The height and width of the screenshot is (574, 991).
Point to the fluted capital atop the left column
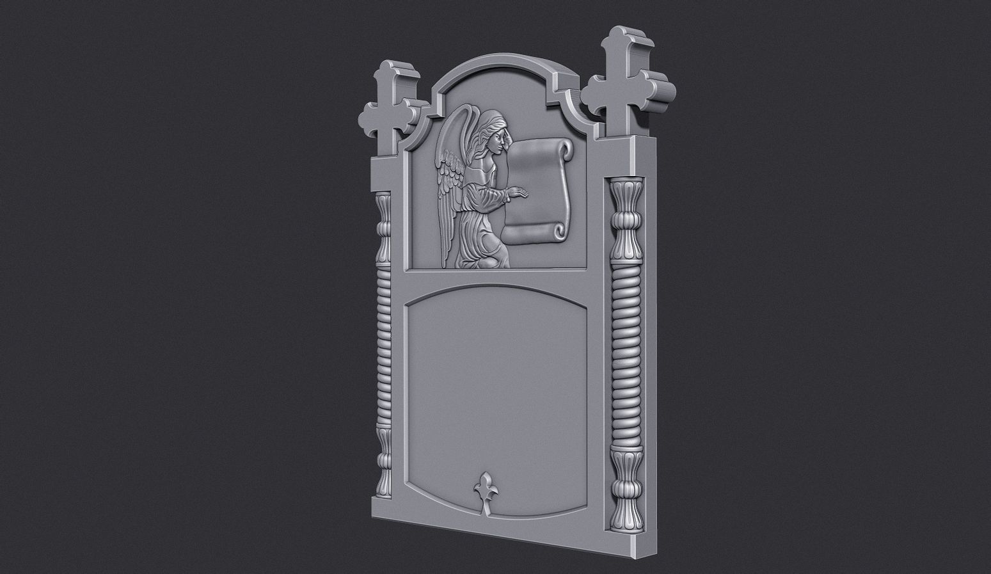tap(383, 224)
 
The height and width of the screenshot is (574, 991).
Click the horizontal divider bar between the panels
tap(499, 276)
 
